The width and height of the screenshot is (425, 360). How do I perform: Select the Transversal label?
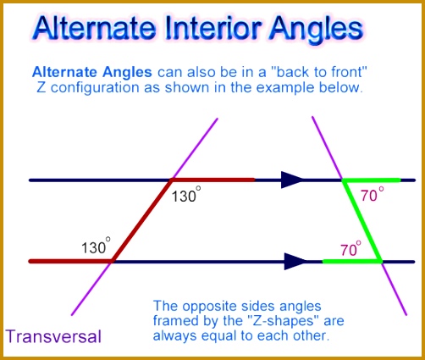coord(53,335)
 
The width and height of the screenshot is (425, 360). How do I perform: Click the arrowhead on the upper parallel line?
coord(292,179)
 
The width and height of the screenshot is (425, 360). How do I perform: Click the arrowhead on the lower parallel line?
coord(295,261)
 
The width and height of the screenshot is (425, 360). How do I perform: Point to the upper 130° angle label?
coord(185,196)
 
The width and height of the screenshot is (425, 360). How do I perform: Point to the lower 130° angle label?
coord(96,247)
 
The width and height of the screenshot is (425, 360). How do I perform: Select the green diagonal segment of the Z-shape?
coord(362,220)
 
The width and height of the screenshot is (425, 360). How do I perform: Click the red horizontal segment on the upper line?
coord(213,180)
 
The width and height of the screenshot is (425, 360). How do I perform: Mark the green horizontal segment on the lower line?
coord(350,261)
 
